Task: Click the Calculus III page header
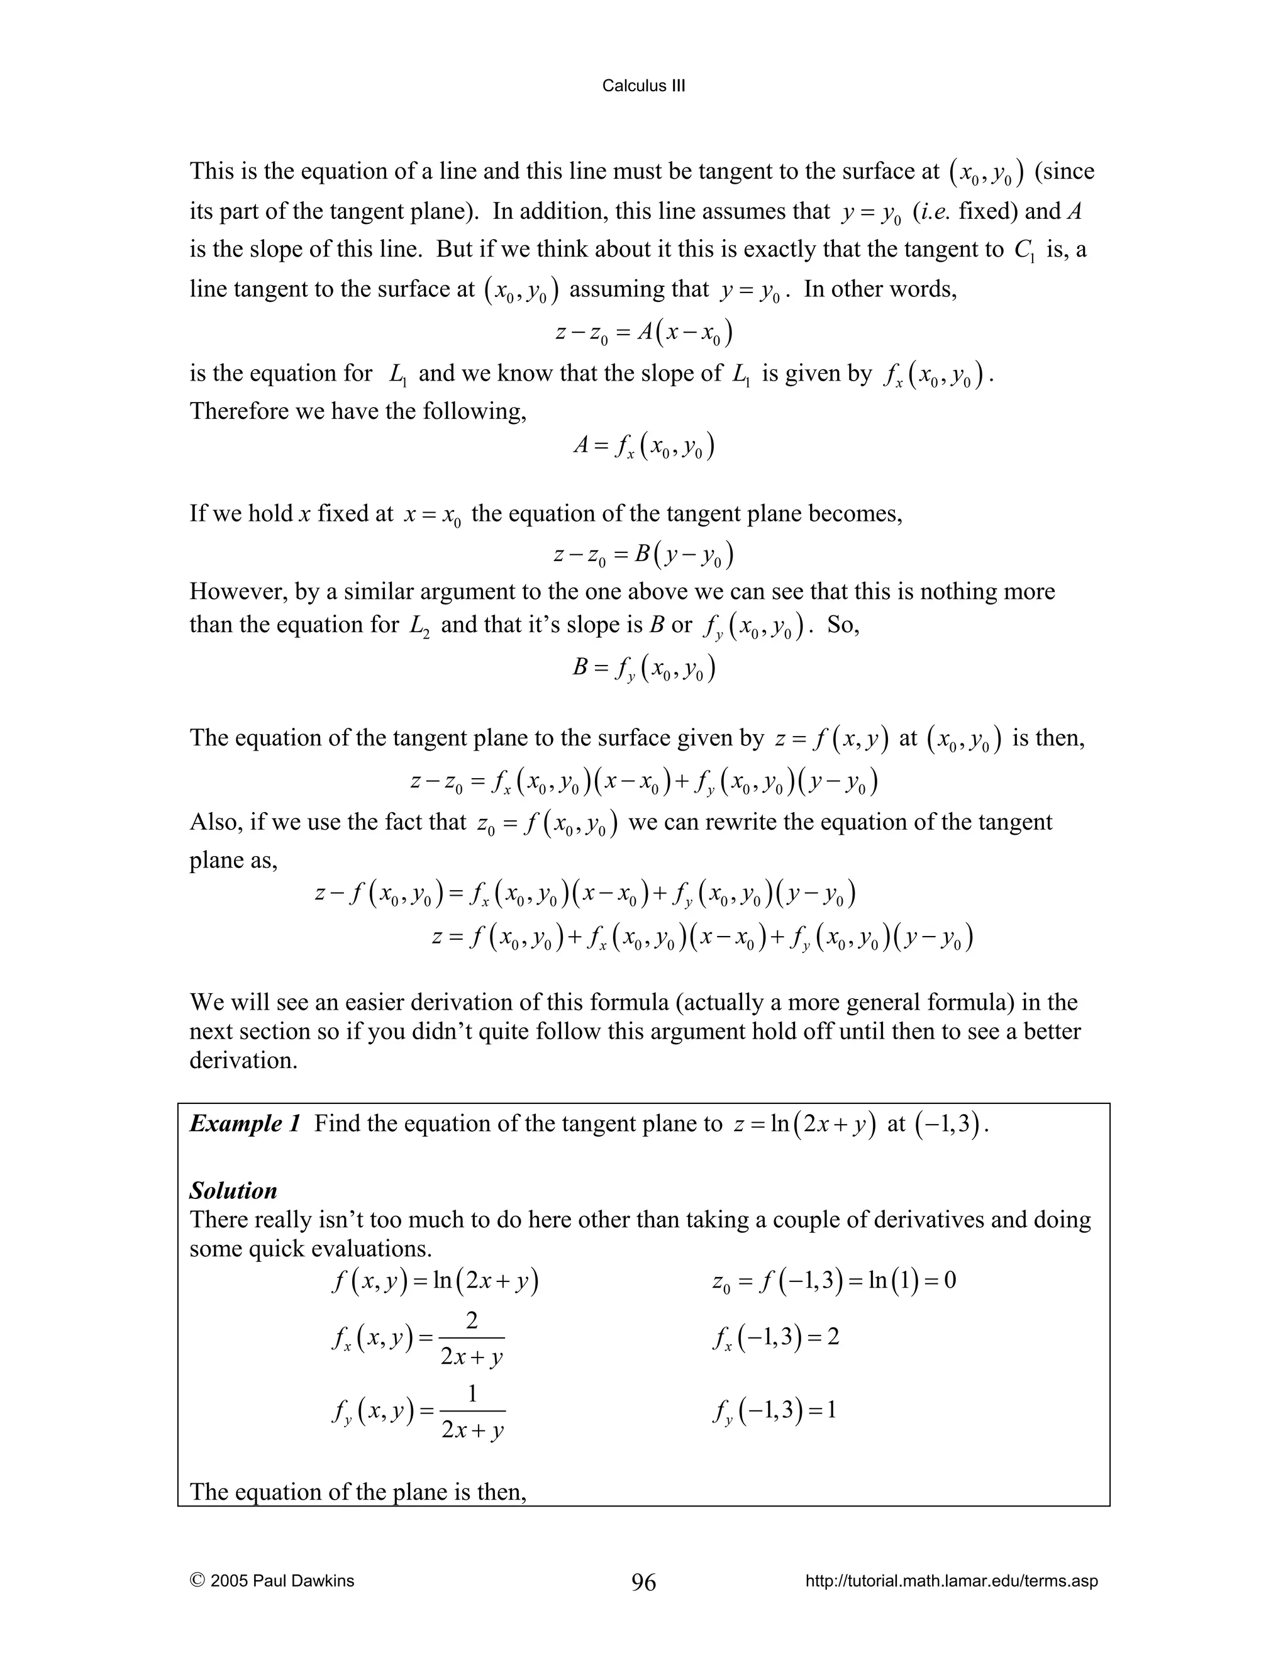pos(643,86)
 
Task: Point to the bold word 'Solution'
pos(233,1191)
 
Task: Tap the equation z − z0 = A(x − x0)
pos(643,333)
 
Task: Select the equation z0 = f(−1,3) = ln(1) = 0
pos(833,1280)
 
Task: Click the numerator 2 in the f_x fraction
pos(472,1320)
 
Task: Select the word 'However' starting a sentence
pos(234,591)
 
